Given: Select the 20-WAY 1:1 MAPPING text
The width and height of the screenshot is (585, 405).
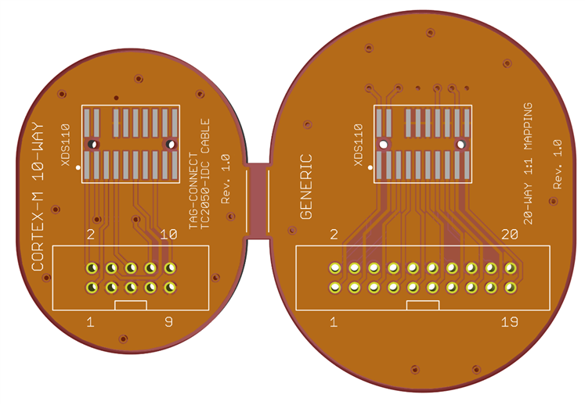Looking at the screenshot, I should click(528, 163).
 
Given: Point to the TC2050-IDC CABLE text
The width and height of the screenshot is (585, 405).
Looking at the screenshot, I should click(206, 174).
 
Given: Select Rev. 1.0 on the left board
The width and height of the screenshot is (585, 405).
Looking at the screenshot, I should click(226, 179).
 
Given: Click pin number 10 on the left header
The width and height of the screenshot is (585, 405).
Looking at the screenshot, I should click(168, 235).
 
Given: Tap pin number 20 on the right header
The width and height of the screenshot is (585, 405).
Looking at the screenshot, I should click(509, 235).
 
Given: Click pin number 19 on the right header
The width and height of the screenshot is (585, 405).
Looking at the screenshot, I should click(508, 321).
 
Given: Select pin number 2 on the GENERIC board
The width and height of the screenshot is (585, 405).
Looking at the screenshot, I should click(334, 235).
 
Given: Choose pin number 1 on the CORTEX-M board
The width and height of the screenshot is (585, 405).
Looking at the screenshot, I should click(91, 321).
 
